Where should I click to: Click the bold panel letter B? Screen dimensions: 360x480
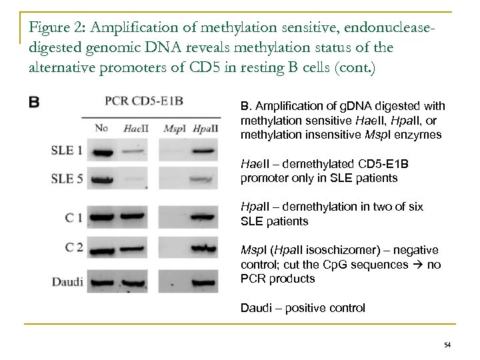[x=33, y=103]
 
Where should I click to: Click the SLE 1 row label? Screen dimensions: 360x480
[x=66, y=151]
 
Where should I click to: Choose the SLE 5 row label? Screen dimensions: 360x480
[x=66, y=178]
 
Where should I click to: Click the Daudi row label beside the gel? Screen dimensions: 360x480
[x=67, y=280]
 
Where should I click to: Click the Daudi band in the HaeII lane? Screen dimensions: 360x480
[x=136, y=280]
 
